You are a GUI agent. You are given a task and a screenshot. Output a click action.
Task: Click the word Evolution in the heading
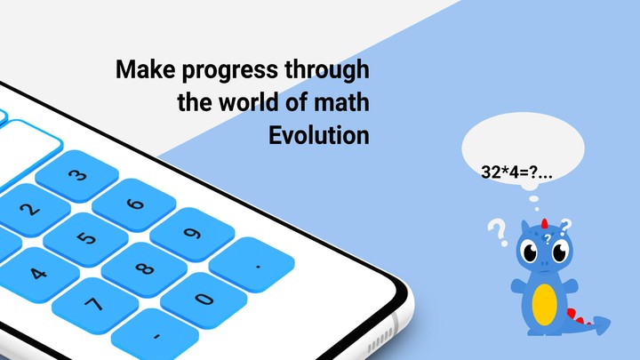click(x=318, y=137)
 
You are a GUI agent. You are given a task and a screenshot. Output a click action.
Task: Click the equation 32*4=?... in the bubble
click(x=516, y=172)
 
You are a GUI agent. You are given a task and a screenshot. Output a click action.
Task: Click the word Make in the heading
click(x=142, y=70)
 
